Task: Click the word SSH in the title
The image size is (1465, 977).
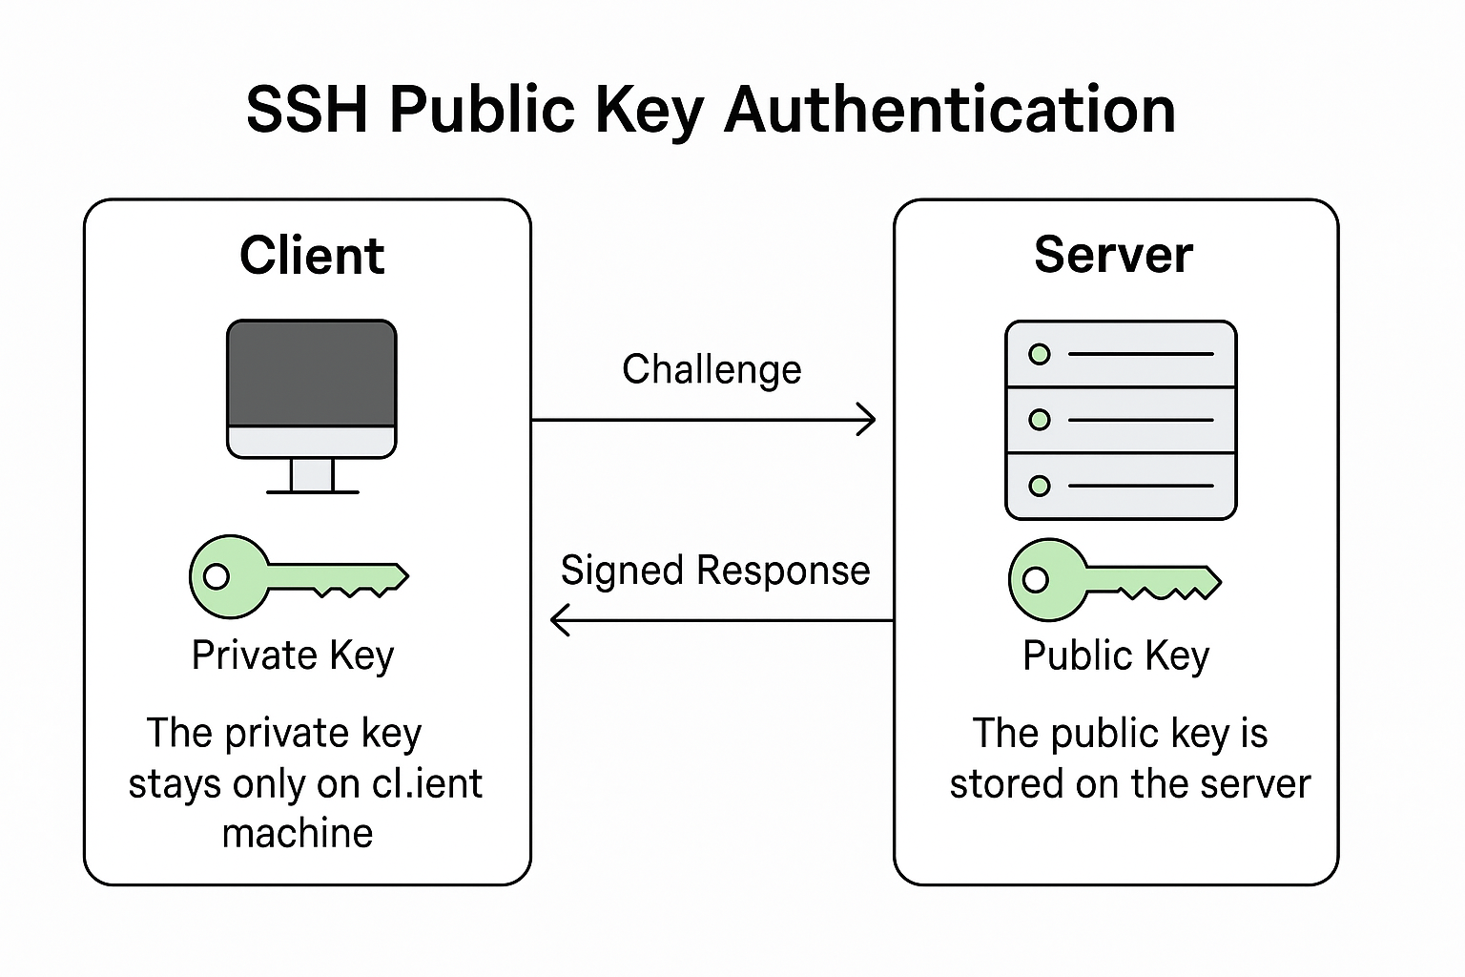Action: pyautogui.click(x=306, y=109)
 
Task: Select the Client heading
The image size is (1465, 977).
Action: pyautogui.click(x=312, y=256)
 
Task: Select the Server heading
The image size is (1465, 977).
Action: pyautogui.click(x=1113, y=255)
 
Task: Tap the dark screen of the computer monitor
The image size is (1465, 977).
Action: pyautogui.click(x=312, y=373)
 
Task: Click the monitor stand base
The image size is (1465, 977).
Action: pyautogui.click(x=312, y=490)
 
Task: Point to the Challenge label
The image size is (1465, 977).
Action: pyautogui.click(x=712, y=370)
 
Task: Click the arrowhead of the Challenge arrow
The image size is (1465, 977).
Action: pyautogui.click(x=869, y=420)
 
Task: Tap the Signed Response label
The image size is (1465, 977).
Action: pyautogui.click(x=715, y=571)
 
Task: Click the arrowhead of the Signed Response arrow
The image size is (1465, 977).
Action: pyautogui.click(x=559, y=620)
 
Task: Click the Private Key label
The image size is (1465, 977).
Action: pyautogui.click(x=293, y=656)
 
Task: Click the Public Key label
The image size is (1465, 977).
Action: pyautogui.click(x=1116, y=656)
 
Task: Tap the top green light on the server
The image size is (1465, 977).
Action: pyautogui.click(x=1040, y=354)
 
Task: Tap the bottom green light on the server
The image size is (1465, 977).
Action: pyautogui.click(x=1040, y=486)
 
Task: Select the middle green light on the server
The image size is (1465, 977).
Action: pyautogui.click(x=1040, y=420)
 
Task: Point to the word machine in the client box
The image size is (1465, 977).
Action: pyautogui.click(x=298, y=834)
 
